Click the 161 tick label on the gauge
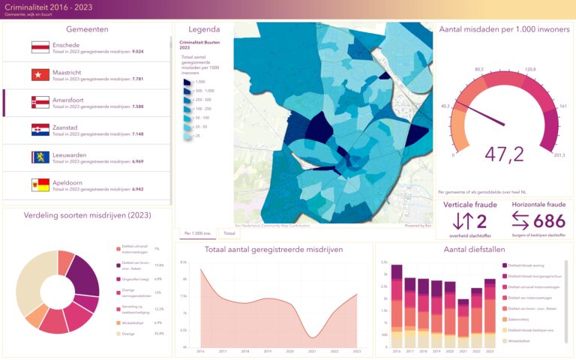pos(562,106)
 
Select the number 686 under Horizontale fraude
pos(548,220)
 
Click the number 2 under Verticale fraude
pos(481,220)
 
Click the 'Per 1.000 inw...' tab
pos(196,234)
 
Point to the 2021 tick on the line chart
pos(312,351)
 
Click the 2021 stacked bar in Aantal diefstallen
pos(463,323)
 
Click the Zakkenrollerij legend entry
pos(519,319)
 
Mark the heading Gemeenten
pos(87,29)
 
